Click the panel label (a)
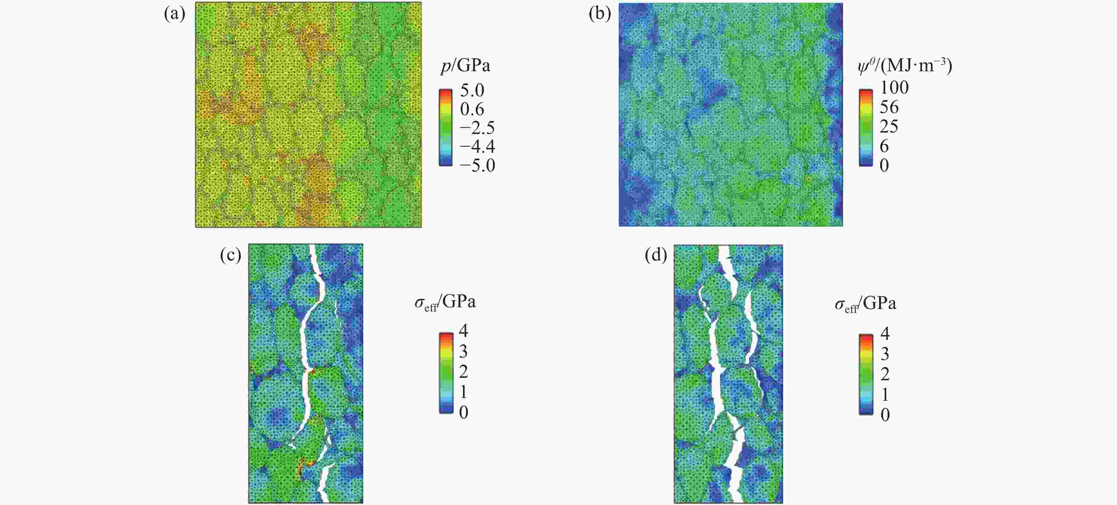coord(174,14)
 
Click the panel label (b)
coord(600,14)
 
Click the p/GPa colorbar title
coord(465,66)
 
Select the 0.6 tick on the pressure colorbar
coord(472,109)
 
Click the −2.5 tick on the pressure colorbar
coord(477,128)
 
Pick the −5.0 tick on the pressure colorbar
coord(477,165)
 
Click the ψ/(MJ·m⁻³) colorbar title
coord(905,66)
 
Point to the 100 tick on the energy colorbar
coord(894,88)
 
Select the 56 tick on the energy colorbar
coord(889,107)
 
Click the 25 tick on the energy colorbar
coord(889,127)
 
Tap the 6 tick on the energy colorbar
coord(884,146)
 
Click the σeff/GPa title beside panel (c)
coord(445,302)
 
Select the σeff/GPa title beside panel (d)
coord(865,304)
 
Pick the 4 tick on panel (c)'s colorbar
coord(463,331)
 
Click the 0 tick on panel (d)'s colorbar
coord(885,415)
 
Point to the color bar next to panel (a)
coord(445,128)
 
